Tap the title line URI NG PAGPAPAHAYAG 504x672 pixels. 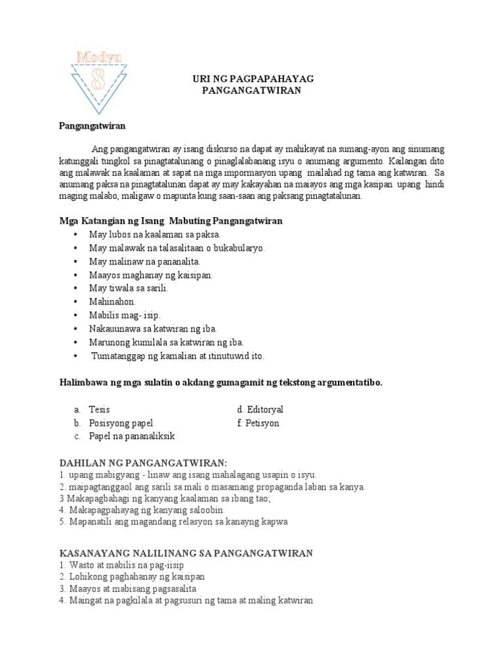coord(253,79)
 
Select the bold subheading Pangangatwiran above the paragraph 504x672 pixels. coord(92,125)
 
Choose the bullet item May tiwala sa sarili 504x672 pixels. coord(129,288)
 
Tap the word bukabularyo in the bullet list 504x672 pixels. coord(239,248)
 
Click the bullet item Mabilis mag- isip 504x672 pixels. coord(125,315)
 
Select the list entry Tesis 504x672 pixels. coord(100,409)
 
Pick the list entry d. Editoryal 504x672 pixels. coord(260,409)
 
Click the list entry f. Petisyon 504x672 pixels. coord(258,423)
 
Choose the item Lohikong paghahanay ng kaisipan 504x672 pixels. coord(136,577)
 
